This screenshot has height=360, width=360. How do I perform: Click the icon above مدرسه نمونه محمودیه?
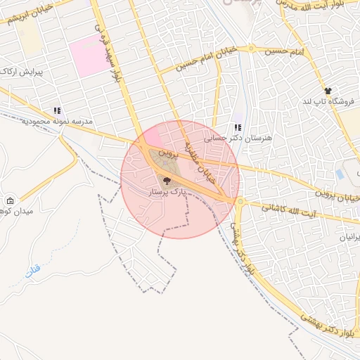(57, 110)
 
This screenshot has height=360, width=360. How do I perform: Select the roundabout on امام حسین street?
(251, 49)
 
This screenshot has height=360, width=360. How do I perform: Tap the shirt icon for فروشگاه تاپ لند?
(328, 91)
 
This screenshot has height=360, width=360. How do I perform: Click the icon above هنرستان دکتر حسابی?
(238, 127)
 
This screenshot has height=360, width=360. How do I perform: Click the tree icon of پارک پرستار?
(167, 181)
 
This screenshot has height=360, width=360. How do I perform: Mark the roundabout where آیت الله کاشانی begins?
(241, 202)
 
